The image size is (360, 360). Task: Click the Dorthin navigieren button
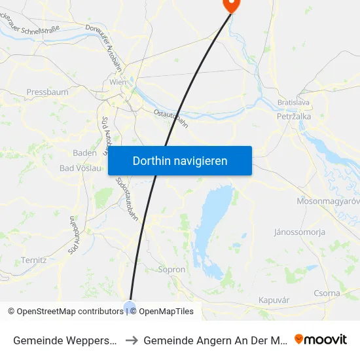(180, 161)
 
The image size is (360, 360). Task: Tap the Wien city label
(117, 82)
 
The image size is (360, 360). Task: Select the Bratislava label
(293, 103)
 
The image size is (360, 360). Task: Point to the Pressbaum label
(47, 92)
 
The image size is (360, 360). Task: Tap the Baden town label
(85, 153)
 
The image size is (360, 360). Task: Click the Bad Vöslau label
(81, 168)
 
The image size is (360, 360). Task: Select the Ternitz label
(33, 260)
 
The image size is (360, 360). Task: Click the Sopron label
(172, 269)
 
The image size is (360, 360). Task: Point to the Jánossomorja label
(299, 232)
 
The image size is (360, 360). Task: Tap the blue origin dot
(129, 306)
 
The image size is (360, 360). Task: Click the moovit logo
(321, 339)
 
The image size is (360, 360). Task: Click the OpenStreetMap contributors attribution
(70, 312)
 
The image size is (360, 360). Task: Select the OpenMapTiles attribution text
(166, 312)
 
